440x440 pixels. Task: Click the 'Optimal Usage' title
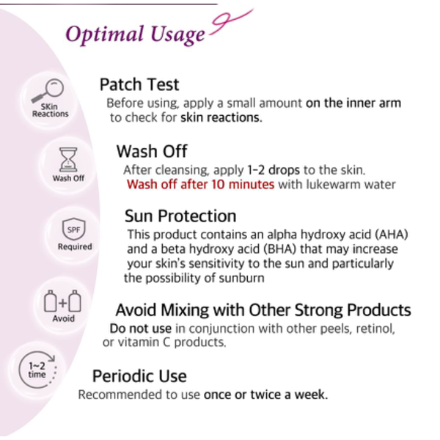(x=135, y=34)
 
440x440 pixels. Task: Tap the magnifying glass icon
(x=48, y=90)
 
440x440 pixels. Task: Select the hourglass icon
(x=68, y=159)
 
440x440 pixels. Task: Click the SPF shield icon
(x=73, y=229)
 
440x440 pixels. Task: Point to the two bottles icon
(x=63, y=301)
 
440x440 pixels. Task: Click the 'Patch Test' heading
(x=139, y=84)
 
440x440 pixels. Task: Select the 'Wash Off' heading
(x=152, y=151)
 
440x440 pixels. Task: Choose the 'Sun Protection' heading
(x=180, y=216)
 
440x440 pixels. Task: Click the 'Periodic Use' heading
(x=139, y=376)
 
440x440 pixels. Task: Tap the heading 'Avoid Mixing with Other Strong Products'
(x=263, y=310)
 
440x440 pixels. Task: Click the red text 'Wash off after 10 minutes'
(x=200, y=184)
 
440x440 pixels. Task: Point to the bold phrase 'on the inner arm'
(x=353, y=103)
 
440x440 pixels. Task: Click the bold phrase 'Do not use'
(x=141, y=329)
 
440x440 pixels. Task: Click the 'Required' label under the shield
(x=75, y=246)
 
